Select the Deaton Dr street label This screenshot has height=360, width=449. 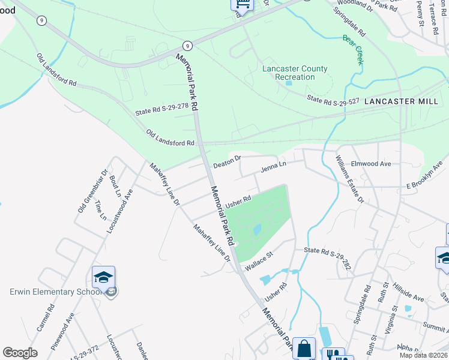[227, 161]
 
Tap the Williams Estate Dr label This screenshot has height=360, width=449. [350, 179]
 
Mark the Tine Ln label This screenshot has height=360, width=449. [100, 209]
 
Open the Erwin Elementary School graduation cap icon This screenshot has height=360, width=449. [103, 277]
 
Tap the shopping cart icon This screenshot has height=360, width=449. [243, 4]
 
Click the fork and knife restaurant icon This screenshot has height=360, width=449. [333, 355]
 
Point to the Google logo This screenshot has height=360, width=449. [20, 353]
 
